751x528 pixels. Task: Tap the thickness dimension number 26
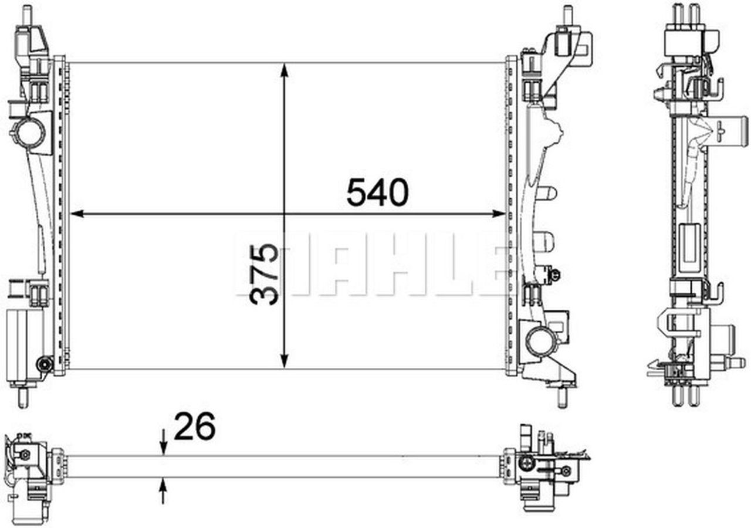pos(195,427)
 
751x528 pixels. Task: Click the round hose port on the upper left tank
pos(28,132)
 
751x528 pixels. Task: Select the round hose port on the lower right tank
pos(539,341)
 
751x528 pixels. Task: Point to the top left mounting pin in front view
pos(27,14)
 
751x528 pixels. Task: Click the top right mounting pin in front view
pos(567,14)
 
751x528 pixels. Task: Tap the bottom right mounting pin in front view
pos(561,397)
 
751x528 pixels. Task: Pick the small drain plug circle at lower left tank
pos(44,364)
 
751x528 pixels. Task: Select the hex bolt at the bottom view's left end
pos(25,455)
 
